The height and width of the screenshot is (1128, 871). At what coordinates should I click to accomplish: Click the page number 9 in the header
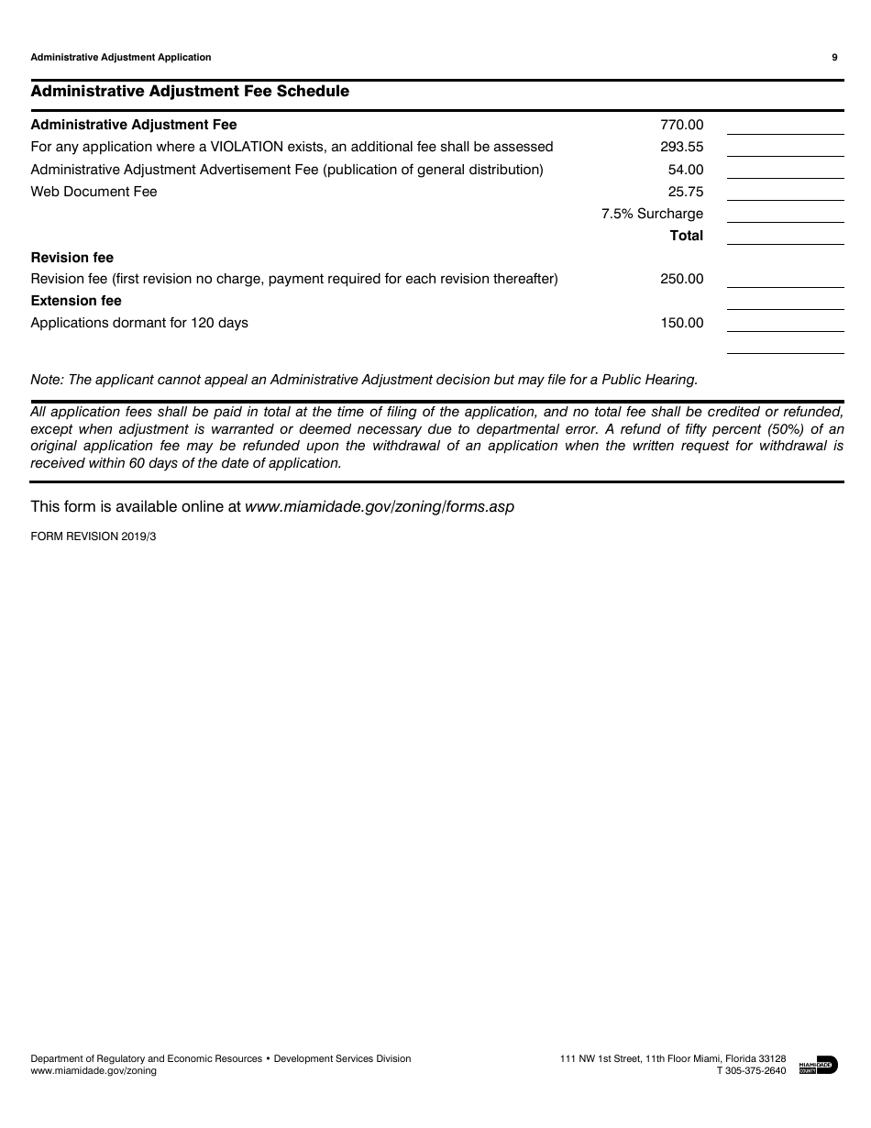pos(834,57)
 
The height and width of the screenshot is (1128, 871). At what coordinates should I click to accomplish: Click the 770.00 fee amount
pos(681,125)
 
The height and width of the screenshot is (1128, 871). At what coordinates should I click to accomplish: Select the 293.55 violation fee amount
pos(681,147)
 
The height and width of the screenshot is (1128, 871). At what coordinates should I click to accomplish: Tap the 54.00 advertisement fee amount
pos(686,170)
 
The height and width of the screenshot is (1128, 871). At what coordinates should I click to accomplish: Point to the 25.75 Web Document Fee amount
pos(686,192)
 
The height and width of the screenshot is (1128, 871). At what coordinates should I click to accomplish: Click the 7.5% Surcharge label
pos(652,214)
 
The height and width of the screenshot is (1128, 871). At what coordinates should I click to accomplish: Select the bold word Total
pos(686,236)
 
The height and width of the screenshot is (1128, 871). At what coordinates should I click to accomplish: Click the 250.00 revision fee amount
pos(681,279)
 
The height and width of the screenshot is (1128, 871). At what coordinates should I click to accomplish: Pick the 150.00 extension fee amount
pos(681,323)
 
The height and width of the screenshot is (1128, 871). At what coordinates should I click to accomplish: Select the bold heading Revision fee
pos(72,258)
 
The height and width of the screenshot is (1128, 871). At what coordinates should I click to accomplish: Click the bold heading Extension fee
pos(76,301)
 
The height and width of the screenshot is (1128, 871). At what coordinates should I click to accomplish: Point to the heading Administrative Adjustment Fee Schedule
pos(190,92)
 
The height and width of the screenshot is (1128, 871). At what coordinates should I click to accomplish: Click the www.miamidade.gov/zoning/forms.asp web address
pos(380,506)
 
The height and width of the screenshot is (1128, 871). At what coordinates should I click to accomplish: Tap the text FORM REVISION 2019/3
pos(94,537)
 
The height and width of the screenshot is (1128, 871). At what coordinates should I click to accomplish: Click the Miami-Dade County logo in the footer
pos(818,1065)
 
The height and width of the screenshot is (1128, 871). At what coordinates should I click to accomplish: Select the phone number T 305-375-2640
pos(751,1070)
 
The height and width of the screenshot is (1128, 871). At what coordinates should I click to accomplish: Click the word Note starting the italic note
pos(43,379)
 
